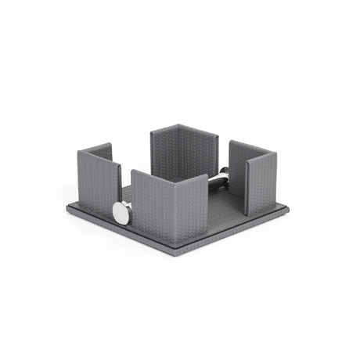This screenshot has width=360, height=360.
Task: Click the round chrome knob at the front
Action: pyautogui.click(x=121, y=211)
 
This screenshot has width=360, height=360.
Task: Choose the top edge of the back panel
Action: pyautogui.click(x=177, y=125)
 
